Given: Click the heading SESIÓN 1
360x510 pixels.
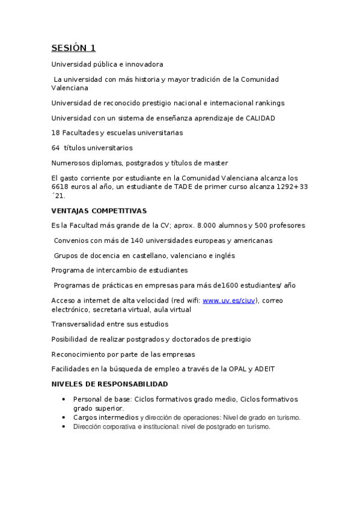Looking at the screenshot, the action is point(73,48).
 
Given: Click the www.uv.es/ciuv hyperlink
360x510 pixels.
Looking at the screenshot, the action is point(230,300).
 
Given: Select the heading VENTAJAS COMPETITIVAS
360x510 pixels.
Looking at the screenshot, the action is point(99,210).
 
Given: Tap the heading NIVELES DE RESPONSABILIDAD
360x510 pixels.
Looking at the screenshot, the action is point(109,384).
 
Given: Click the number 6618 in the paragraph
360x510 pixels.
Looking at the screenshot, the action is point(61,186).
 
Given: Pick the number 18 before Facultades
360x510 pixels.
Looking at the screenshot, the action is point(55,132).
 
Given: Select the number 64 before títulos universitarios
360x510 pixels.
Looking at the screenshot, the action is point(56,147).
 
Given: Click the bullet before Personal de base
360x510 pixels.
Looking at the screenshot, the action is point(64,399).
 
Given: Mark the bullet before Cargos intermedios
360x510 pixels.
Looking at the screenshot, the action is point(64,417).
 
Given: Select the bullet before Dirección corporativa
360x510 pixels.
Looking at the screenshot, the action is point(64,426).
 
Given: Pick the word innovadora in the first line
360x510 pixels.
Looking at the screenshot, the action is point(142,64).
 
